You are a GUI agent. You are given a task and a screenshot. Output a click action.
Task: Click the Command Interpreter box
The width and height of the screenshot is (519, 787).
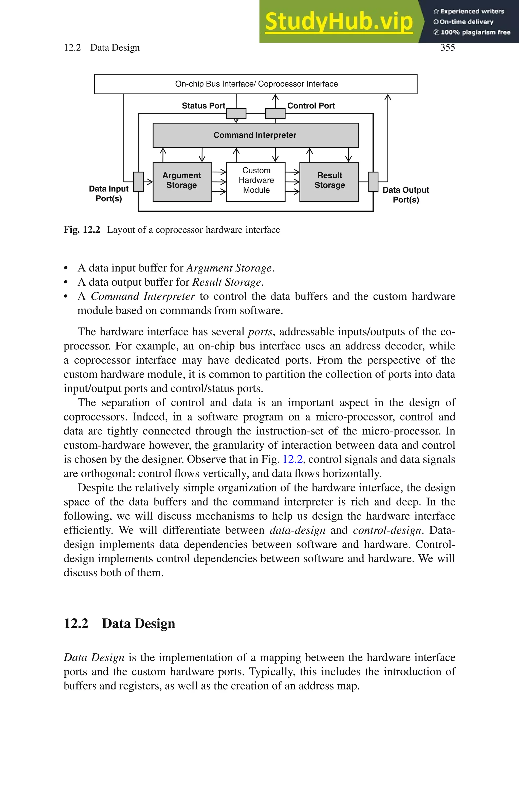click(x=255, y=135)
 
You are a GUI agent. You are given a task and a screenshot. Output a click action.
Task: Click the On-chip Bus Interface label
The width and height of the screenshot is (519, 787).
click(x=256, y=84)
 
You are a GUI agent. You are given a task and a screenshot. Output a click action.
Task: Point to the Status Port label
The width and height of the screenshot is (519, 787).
click(x=203, y=106)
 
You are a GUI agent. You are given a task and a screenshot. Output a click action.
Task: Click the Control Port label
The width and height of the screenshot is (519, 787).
click(x=311, y=106)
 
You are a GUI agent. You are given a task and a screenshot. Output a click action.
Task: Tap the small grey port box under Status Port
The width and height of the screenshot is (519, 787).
click(x=236, y=113)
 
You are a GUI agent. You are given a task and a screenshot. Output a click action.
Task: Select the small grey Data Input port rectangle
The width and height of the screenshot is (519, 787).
click(x=138, y=182)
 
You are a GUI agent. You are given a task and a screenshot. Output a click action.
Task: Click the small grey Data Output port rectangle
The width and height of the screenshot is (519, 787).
click(x=373, y=182)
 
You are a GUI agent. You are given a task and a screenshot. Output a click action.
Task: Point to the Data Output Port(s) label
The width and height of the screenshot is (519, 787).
click(x=405, y=195)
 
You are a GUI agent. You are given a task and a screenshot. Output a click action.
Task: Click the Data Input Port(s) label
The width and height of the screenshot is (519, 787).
click(x=109, y=194)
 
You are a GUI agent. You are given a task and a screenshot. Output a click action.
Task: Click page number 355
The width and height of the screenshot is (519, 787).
click(x=448, y=48)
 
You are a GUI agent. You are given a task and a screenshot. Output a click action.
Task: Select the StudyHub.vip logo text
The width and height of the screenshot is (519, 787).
click(x=339, y=22)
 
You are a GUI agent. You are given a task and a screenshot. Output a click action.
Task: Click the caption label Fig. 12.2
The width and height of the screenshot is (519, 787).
click(x=82, y=230)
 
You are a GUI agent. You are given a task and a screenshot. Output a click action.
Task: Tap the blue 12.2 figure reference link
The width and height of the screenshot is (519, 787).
click(x=292, y=459)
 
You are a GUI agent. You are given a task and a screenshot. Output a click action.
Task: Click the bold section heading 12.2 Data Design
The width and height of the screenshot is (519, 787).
click(x=120, y=623)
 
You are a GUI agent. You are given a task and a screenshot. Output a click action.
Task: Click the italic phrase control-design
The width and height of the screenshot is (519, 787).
click(x=387, y=530)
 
